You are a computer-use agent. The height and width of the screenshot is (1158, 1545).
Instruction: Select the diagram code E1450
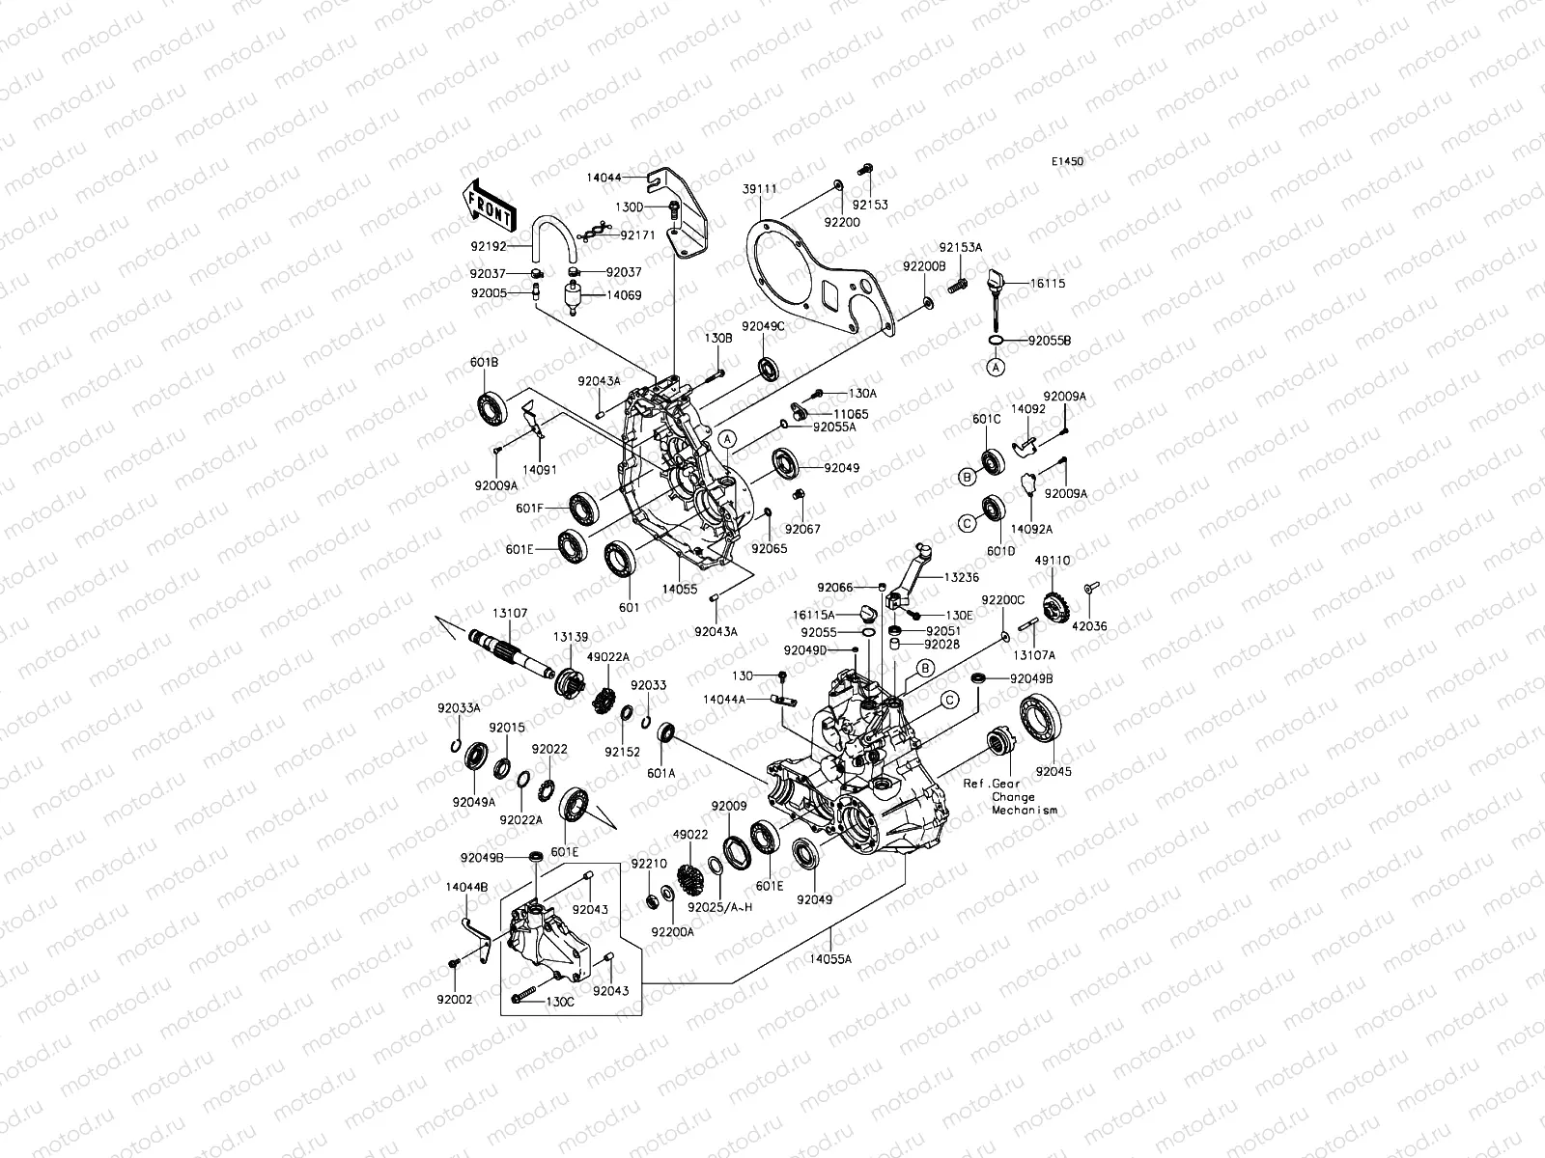[x=1067, y=162]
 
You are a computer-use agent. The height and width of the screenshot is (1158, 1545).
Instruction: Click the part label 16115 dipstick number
[x=1048, y=285]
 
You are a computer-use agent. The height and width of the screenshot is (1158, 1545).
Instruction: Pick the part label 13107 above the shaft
[x=510, y=613]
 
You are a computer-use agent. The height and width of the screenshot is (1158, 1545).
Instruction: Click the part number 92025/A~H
[x=719, y=907]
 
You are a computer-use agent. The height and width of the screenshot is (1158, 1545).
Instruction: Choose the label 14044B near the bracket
[x=466, y=886]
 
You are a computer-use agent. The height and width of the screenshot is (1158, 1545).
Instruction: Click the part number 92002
[x=454, y=1000]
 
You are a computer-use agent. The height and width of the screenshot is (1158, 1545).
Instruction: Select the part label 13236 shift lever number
[x=963, y=576]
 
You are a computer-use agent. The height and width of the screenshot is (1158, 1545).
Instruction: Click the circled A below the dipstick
[x=995, y=367]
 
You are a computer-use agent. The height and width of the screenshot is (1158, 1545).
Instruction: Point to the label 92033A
[x=459, y=708]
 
